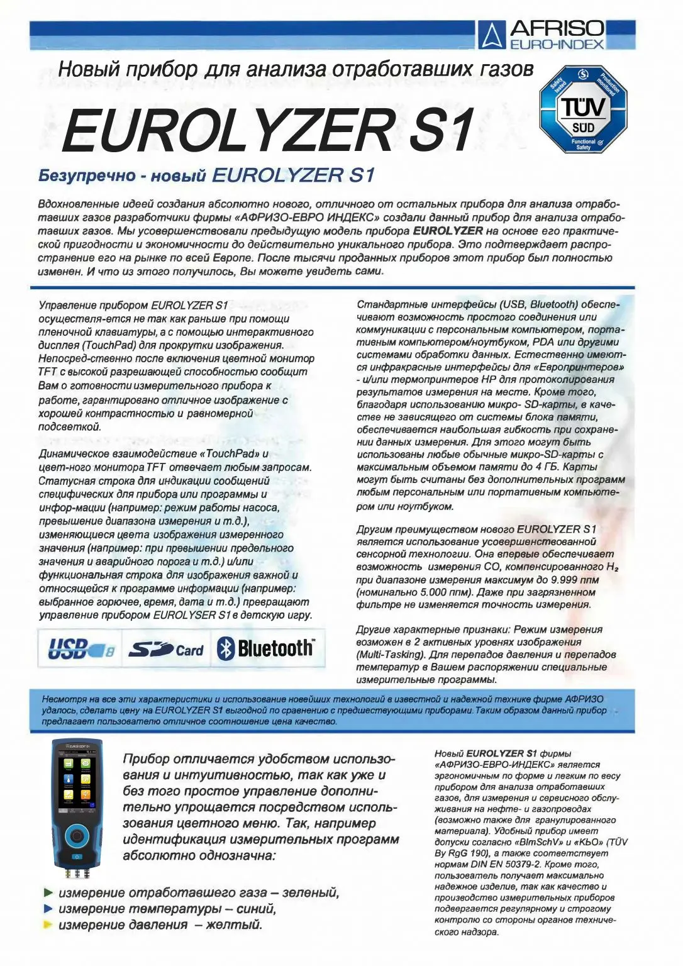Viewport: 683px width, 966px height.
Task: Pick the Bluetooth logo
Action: (266, 648)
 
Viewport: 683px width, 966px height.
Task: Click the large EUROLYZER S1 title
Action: (267, 130)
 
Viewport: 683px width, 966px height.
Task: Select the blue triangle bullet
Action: (48, 909)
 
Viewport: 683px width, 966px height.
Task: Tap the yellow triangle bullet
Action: (48, 924)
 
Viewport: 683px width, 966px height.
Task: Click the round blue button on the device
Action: (77, 836)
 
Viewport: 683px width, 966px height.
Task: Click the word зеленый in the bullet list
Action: (311, 893)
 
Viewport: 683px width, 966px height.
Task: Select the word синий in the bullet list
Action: (253, 909)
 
